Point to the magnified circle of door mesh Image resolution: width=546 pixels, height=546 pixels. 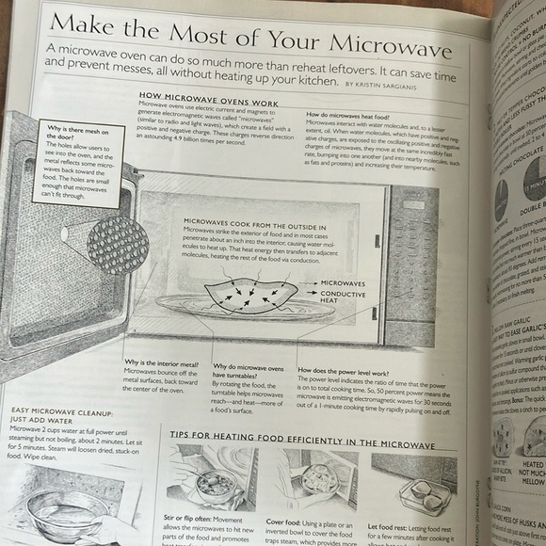coord(117,242)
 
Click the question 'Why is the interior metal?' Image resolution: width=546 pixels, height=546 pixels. coord(162,361)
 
